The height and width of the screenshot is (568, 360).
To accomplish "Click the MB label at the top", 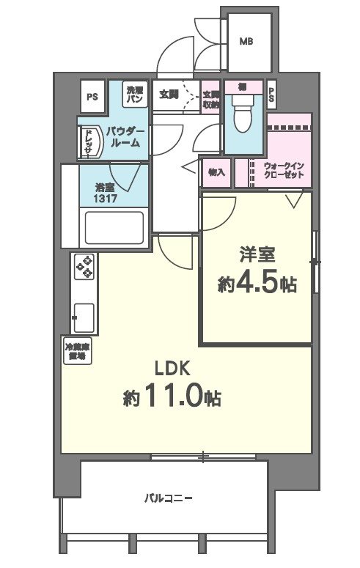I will click(246, 42).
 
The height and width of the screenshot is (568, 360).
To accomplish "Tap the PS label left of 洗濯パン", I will click(92, 96).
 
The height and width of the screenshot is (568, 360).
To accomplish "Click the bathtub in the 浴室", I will click(114, 226).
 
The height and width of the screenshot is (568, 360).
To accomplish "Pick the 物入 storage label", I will click(216, 173).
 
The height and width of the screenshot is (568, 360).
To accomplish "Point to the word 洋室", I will click(256, 256).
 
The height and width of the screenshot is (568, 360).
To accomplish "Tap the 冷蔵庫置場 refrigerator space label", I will click(76, 351).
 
